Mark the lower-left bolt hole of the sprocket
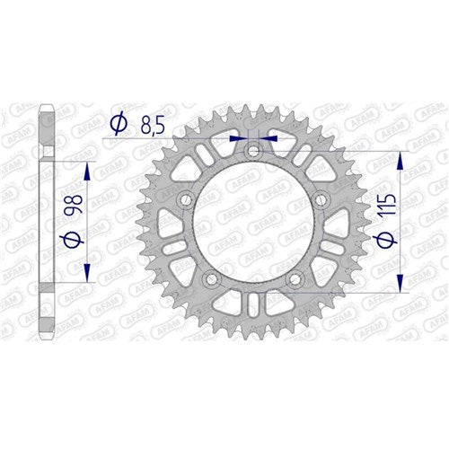pos(212,278)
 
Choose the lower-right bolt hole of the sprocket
pos(295,278)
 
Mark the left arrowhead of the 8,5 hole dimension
pos(236,139)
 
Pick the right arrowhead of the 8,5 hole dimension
pos(271,139)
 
